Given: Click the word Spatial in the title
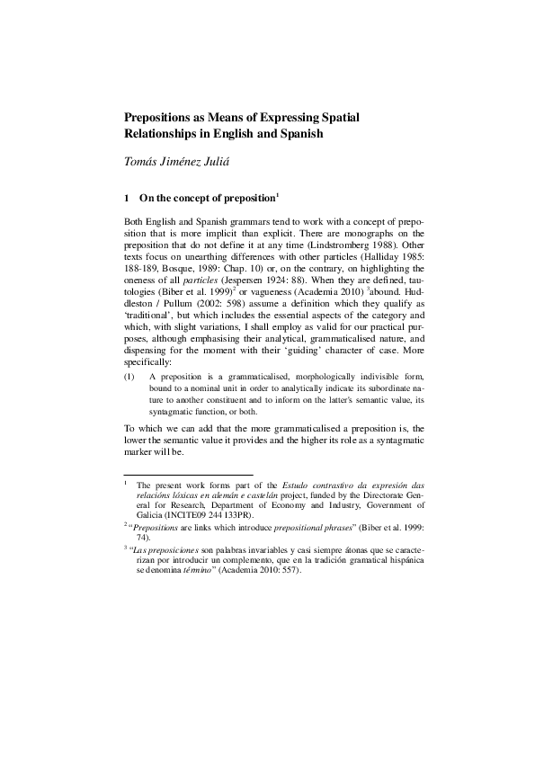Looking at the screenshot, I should [392, 116].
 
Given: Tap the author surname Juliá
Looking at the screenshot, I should [228, 162].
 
